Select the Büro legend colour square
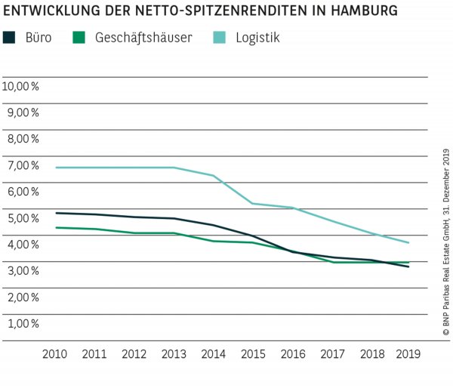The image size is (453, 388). [x=10, y=37]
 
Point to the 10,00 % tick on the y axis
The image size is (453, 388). [x=21, y=86]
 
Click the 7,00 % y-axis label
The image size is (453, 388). [x=21, y=165]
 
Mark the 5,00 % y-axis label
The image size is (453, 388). [x=21, y=218]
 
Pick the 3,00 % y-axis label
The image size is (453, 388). [x=21, y=270]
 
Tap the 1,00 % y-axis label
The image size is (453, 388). [x=21, y=323]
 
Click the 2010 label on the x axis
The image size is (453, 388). [x=55, y=353]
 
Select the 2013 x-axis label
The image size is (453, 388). [x=174, y=353]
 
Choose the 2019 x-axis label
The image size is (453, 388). [x=409, y=353]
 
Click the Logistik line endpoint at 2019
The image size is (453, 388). [x=409, y=243]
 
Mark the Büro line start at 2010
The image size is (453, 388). [x=56, y=213]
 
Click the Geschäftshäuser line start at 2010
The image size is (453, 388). [x=56, y=227]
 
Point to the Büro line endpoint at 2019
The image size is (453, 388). [x=409, y=266]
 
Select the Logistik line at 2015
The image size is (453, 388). [x=252, y=204]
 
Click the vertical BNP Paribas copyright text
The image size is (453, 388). [x=445, y=242]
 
